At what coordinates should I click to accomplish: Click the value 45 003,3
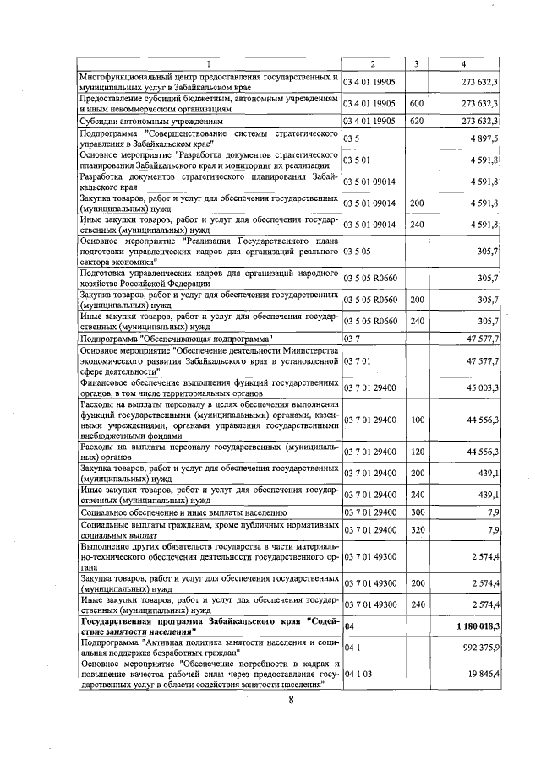point(479,387)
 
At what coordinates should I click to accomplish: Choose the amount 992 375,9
point(478,647)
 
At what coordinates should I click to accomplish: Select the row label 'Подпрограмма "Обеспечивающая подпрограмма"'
point(176,338)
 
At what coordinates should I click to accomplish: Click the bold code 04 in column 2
point(348,626)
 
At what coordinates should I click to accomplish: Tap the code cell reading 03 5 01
point(358,160)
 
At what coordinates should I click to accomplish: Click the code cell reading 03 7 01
point(358,360)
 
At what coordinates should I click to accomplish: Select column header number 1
point(209,64)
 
